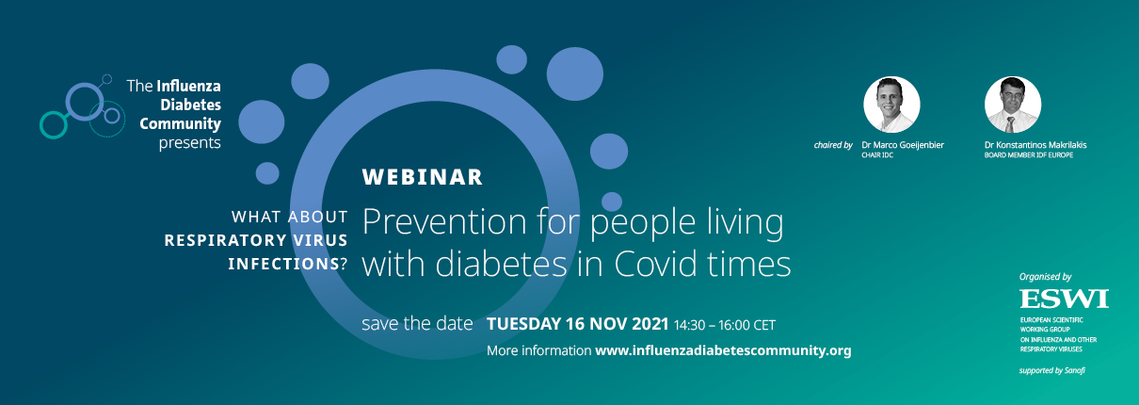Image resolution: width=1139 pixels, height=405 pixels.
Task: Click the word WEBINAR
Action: pyautogui.click(x=422, y=177)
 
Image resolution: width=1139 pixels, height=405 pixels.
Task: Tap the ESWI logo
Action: pyautogui.click(x=1064, y=300)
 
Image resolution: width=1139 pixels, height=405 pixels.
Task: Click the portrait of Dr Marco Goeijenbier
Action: pyautogui.click(x=891, y=105)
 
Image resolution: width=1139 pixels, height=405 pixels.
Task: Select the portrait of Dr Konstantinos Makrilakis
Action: pyautogui.click(x=1012, y=105)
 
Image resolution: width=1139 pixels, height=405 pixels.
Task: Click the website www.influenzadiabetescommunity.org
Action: pyautogui.click(x=723, y=350)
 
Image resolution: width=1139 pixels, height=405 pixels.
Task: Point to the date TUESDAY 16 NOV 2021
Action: pyautogui.click(x=578, y=324)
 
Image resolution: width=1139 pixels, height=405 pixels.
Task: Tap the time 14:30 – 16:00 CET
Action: pyautogui.click(x=725, y=325)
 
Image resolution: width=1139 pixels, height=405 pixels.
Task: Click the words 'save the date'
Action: pyautogui.click(x=417, y=324)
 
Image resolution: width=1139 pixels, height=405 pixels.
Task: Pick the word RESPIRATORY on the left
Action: pyautogui.click(x=225, y=240)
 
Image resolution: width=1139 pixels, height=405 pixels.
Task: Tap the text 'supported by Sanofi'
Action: pyautogui.click(x=1052, y=370)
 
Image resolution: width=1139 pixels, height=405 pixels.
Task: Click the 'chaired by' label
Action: pyautogui.click(x=833, y=145)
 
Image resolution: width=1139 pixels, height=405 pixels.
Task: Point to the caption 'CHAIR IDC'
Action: pyautogui.click(x=877, y=155)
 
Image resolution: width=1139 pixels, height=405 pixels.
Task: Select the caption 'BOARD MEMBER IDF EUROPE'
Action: pyautogui.click(x=1029, y=155)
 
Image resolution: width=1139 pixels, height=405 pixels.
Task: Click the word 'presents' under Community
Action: pyautogui.click(x=189, y=143)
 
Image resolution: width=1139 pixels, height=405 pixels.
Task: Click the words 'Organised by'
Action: pyautogui.click(x=1045, y=277)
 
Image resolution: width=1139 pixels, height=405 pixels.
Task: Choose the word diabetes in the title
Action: pyautogui.click(x=501, y=264)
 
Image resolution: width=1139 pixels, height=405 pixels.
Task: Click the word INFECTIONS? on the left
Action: pyautogui.click(x=287, y=264)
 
